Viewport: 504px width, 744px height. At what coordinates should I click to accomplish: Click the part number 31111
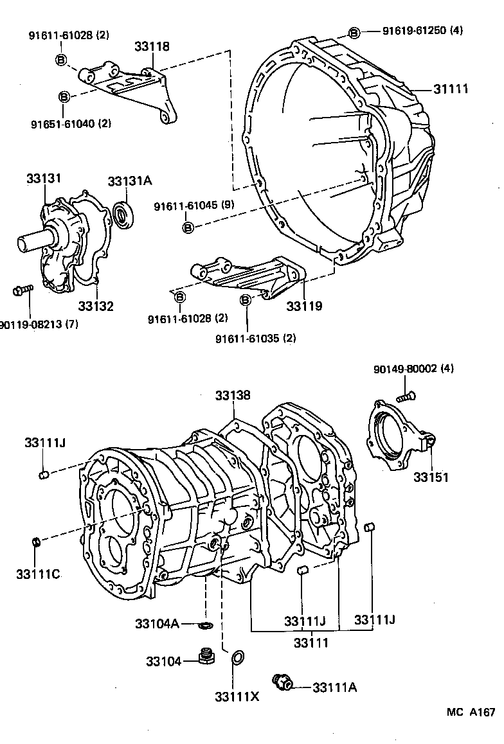click(450, 89)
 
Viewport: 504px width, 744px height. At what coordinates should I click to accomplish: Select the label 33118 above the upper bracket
click(152, 46)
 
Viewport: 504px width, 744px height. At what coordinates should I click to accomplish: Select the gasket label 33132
click(96, 306)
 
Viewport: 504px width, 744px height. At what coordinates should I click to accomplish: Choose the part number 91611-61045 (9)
click(194, 206)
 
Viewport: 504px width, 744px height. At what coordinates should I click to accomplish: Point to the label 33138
click(233, 396)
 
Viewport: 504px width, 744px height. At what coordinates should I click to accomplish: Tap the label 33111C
click(38, 574)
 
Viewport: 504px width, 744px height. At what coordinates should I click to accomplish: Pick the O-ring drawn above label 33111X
click(237, 657)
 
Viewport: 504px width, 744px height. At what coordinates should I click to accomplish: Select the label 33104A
click(157, 623)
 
